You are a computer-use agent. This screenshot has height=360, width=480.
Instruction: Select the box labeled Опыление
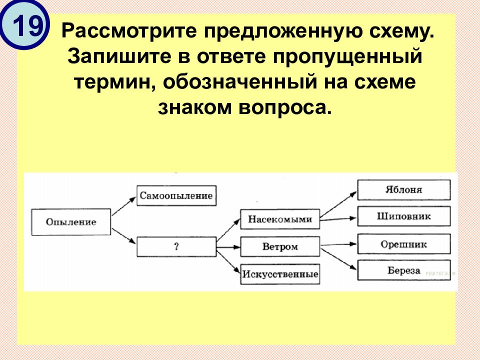click(x=71, y=221)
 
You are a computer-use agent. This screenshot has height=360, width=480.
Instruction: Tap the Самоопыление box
click(x=176, y=195)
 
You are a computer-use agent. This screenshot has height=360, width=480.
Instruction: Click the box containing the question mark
click(x=176, y=246)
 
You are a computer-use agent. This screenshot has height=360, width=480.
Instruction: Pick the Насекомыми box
click(x=280, y=219)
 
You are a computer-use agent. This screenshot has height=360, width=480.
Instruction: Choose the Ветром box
click(x=280, y=246)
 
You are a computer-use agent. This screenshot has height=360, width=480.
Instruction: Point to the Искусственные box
click(x=280, y=274)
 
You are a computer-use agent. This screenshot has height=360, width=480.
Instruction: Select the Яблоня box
click(x=404, y=190)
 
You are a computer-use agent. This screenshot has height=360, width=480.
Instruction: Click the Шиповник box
click(x=404, y=216)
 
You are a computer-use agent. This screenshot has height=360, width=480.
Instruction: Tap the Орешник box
click(x=404, y=244)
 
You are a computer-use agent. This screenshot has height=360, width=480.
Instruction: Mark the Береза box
click(x=404, y=271)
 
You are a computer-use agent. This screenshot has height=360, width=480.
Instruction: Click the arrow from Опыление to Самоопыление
click(x=123, y=205)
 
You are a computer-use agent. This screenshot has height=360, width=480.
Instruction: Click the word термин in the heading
click(x=113, y=82)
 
